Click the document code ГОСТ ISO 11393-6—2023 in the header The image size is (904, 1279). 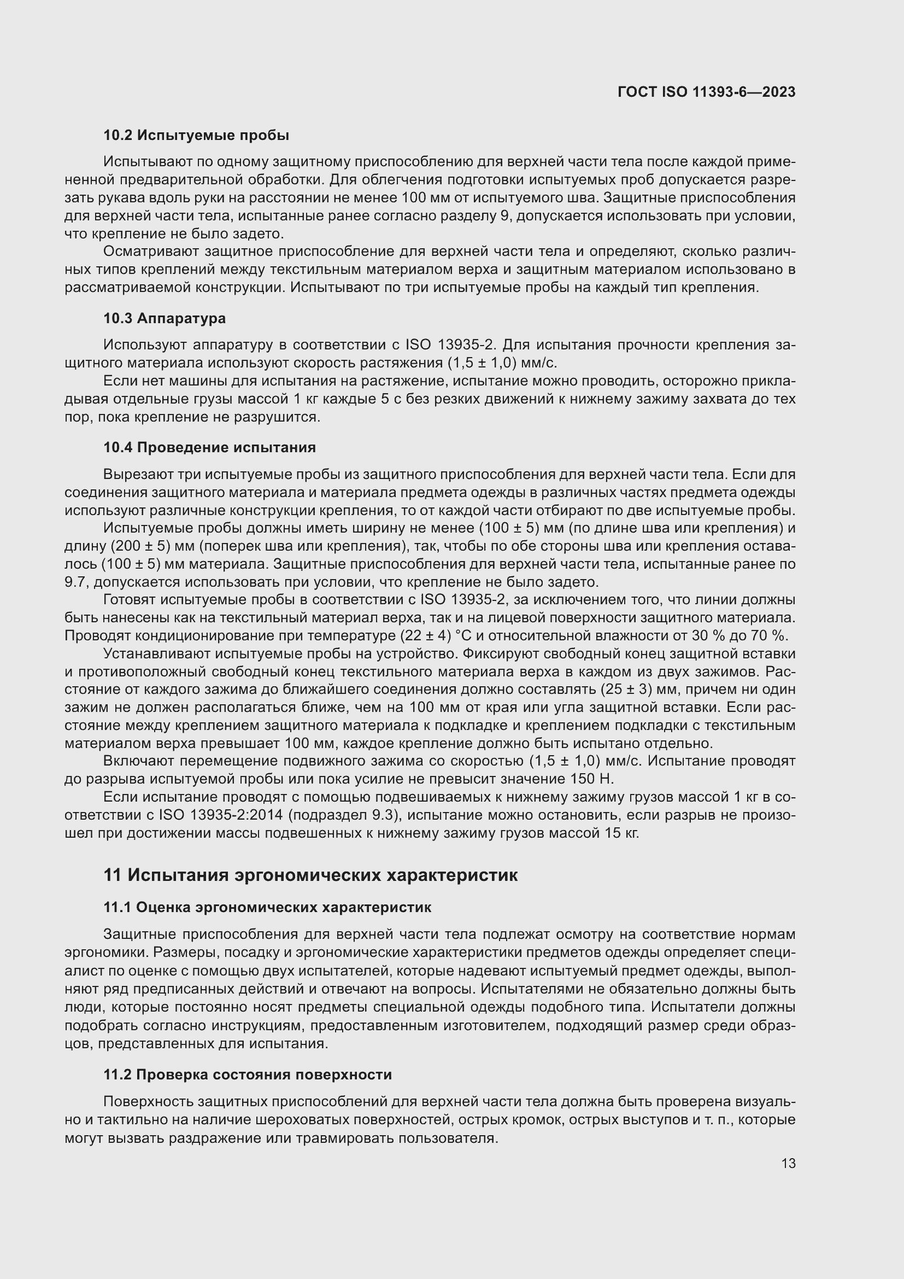706,92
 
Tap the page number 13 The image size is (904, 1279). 788,1164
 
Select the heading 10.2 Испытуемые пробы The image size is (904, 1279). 196,135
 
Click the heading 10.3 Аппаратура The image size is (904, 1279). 164,319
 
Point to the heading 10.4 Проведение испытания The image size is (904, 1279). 209,447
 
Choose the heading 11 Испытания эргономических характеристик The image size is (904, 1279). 310,875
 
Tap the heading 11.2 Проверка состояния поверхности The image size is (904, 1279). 247,1074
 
